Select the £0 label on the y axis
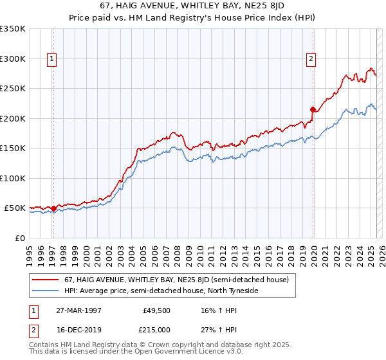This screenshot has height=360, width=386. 20,238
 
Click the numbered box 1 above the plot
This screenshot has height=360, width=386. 52,59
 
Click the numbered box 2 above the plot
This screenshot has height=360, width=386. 311,59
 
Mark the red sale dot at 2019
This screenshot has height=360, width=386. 313,109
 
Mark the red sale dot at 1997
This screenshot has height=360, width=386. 53,208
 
